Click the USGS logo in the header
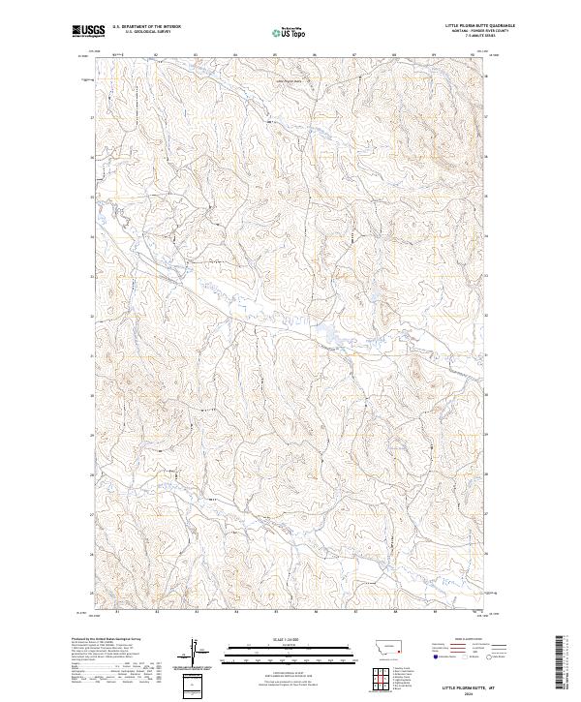tap(88, 31)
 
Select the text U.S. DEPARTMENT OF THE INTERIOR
tap(146, 27)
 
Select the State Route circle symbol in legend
tap(495, 656)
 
